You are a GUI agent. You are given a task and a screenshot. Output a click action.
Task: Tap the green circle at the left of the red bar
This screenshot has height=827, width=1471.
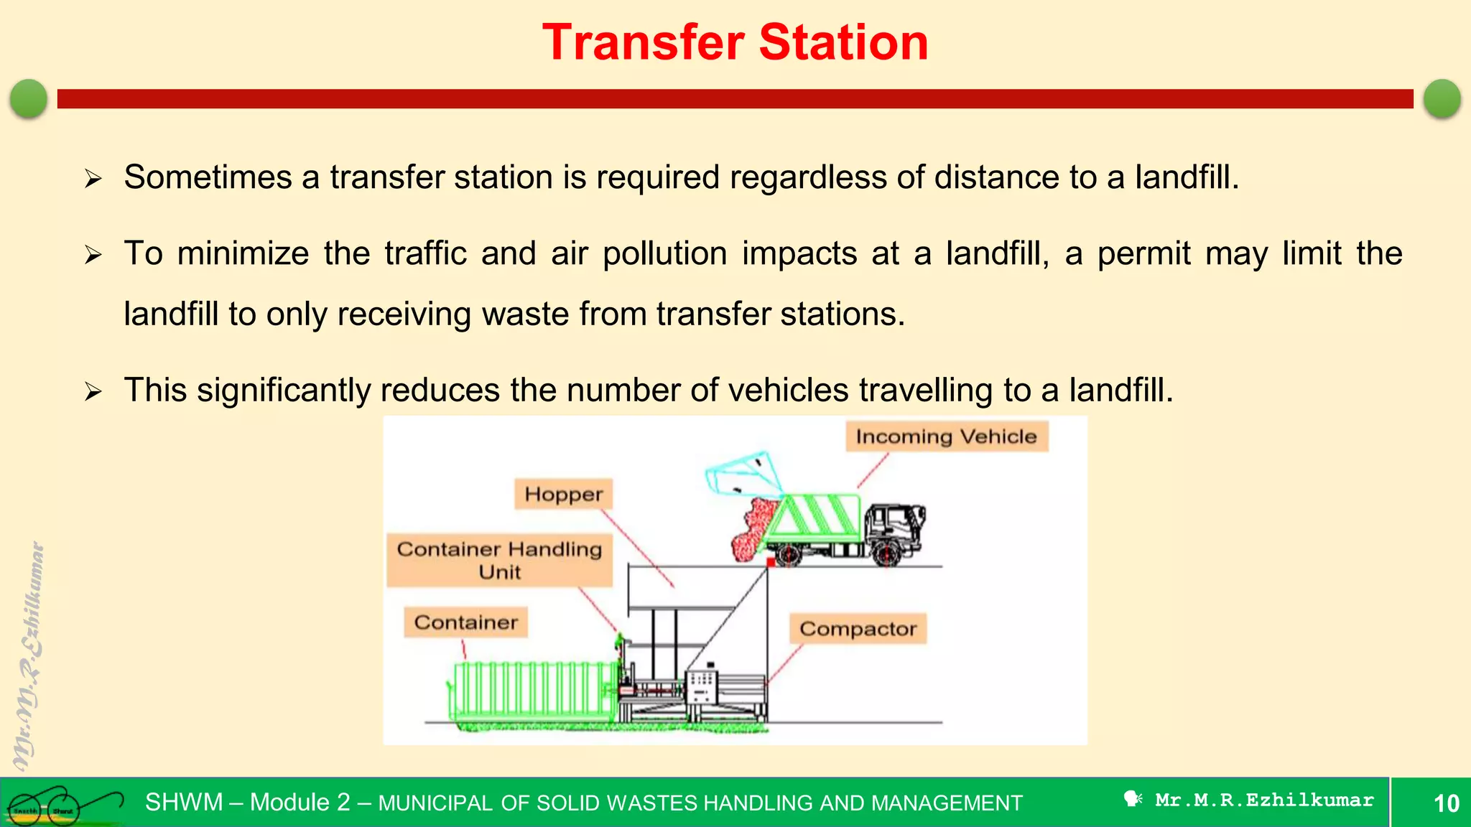29,98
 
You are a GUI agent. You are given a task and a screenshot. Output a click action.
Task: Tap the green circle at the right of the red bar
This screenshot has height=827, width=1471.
1442,98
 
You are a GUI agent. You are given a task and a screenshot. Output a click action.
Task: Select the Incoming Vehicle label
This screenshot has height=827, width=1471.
946,436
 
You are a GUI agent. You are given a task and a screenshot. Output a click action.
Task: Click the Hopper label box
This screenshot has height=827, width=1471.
563,494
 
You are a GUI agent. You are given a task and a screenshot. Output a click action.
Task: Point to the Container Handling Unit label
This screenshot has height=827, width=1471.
499,560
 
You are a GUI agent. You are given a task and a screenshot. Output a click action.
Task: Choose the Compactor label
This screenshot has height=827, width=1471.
858,629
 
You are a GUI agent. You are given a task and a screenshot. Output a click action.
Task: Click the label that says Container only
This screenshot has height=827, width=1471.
465,622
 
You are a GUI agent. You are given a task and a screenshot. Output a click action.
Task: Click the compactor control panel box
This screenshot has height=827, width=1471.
702,686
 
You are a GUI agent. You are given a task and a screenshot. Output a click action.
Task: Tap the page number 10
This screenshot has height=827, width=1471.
1446,803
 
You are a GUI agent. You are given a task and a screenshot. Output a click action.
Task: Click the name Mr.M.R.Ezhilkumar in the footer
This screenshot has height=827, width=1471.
1264,800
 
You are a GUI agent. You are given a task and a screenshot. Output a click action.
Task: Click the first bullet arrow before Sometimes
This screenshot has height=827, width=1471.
93,178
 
